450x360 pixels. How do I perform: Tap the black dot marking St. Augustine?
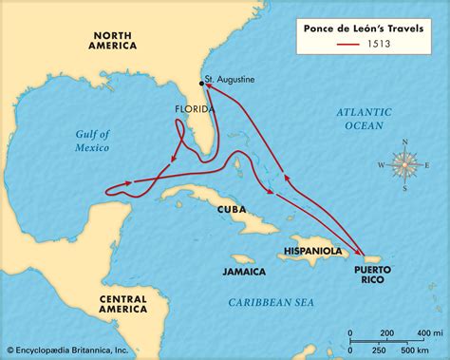pyautogui.click(x=202, y=84)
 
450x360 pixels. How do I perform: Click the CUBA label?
pyautogui.click(x=232, y=209)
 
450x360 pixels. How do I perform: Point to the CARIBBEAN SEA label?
pyautogui.click(x=271, y=301)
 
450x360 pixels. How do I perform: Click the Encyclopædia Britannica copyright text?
pyautogui.click(x=71, y=351)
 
